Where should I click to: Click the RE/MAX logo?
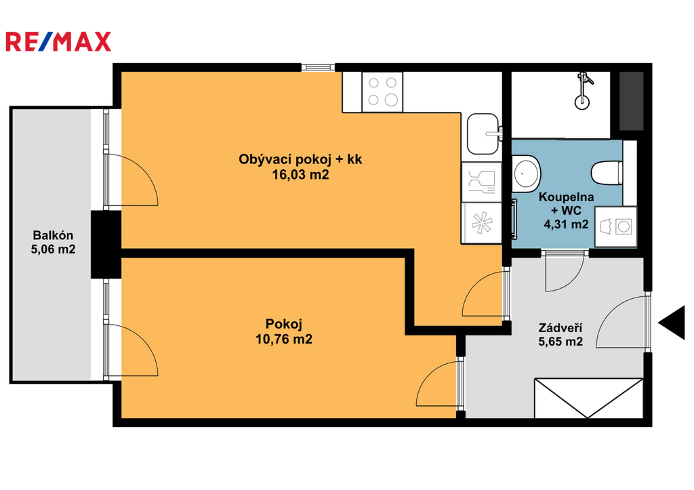[58, 41]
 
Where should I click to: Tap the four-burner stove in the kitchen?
[382, 91]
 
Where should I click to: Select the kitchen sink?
[483, 134]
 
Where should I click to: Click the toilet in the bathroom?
[607, 173]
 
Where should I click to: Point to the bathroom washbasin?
[526, 173]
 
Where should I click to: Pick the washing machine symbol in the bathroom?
[615, 226]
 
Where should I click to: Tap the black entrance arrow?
[672, 322]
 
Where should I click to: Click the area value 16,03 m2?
[300, 175]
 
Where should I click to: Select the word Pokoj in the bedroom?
[284, 324]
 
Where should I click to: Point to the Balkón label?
[53, 235]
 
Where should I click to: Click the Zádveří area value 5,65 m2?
[560, 342]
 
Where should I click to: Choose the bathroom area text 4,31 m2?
[566, 224]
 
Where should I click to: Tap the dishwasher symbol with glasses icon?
[482, 182]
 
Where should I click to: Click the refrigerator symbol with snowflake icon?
[482, 223]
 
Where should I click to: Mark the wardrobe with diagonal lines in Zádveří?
[589, 398]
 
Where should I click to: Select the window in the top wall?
[319, 67]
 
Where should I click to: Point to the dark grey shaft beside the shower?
[631, 101]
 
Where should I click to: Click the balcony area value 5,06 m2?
[53, 249]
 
